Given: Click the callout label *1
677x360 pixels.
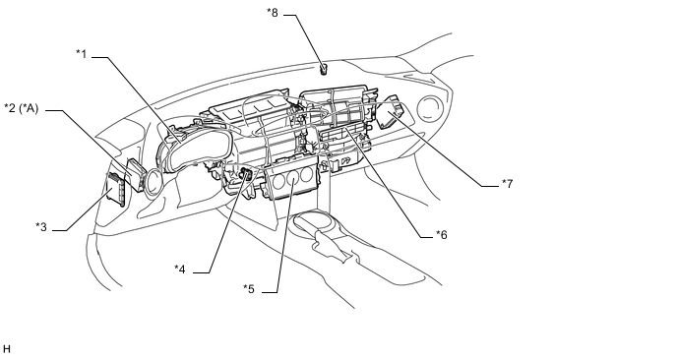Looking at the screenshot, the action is pyautogui.click(x=81, y=54).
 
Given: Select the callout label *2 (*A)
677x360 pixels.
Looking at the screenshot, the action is pyautogui.click(x=22, y=108).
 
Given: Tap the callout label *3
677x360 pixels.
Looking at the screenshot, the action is pyautogui.click(x=41, y=226).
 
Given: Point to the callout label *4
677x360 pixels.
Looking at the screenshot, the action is pyautogui.click(x=180, y=269).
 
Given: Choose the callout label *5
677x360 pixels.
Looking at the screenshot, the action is pyautogui.click(x=249, y=289).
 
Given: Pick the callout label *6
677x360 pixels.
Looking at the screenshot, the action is pyautogui.click(x=441, y=234).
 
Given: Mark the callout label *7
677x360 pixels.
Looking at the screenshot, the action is pyautogui.click(x=508, y=184).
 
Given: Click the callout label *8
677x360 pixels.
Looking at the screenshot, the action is pyautogui.click(x=273, y=12).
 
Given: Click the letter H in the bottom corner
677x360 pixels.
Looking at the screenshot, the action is pyautogui.click(x=7, y=349).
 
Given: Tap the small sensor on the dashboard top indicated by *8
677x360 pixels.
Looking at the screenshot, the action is pyautogui.click(x=323, y=69).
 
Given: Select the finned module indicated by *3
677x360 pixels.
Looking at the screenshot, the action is pyautogui.click(x=116, y=190).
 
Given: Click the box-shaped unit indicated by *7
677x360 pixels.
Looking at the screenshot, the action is pyautogui.click(x=392, y=112).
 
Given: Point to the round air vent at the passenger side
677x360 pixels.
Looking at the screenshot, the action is pyautogui.click(x=431, y=108).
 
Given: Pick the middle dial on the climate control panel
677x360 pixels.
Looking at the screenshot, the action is pyautogui.click(x=294, y=177).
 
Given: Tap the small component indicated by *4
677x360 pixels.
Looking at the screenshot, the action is pyautogui.click(x=247, y=174).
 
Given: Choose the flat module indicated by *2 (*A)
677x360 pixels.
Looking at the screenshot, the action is pyautogui.click(x=135, y=173).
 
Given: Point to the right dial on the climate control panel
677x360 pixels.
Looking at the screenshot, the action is pyautogui.click(x=307, y=174).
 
